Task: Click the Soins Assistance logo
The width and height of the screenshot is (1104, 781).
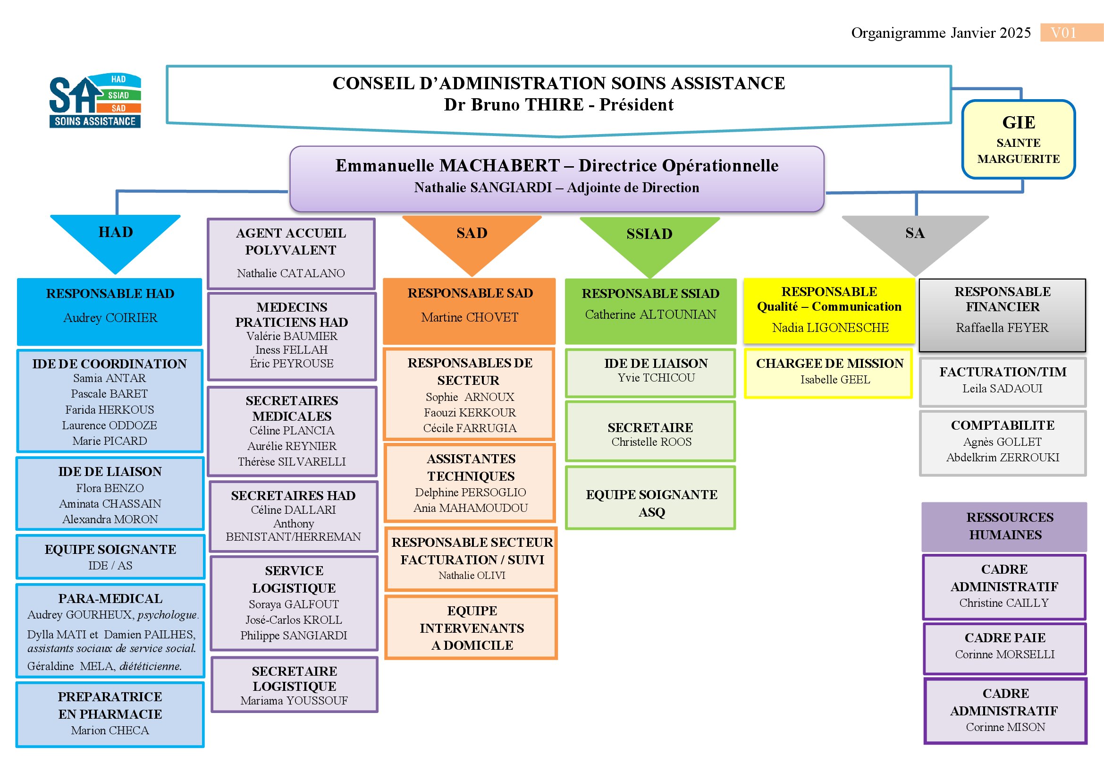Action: point(95,101)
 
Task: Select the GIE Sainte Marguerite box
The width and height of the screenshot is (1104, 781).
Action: point(1019,139)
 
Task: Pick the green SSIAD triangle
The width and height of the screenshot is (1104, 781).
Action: point(649,240)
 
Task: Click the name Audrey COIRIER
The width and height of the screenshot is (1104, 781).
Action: point(110,318)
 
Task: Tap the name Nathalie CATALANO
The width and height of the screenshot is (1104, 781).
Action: point(291,273)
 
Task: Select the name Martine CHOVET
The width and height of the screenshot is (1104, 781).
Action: point(470,317)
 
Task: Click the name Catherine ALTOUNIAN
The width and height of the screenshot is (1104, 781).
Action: point(650,314)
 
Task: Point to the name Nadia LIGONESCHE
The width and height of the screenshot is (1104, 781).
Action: point(830,328)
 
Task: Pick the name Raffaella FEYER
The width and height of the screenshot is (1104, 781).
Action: point(1002,328)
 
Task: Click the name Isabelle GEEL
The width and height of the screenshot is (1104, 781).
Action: point(835,380)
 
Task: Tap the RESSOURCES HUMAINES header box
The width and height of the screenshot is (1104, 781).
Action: point(1004,526)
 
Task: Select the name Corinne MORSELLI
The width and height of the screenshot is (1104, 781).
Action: point(1004,654)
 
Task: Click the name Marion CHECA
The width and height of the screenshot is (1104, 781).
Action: point(110,730)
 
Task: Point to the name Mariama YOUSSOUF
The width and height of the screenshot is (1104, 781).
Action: point(294,701)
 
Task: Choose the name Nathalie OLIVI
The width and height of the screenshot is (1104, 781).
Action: point(472,576)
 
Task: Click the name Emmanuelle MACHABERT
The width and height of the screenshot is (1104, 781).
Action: point(447,165)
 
